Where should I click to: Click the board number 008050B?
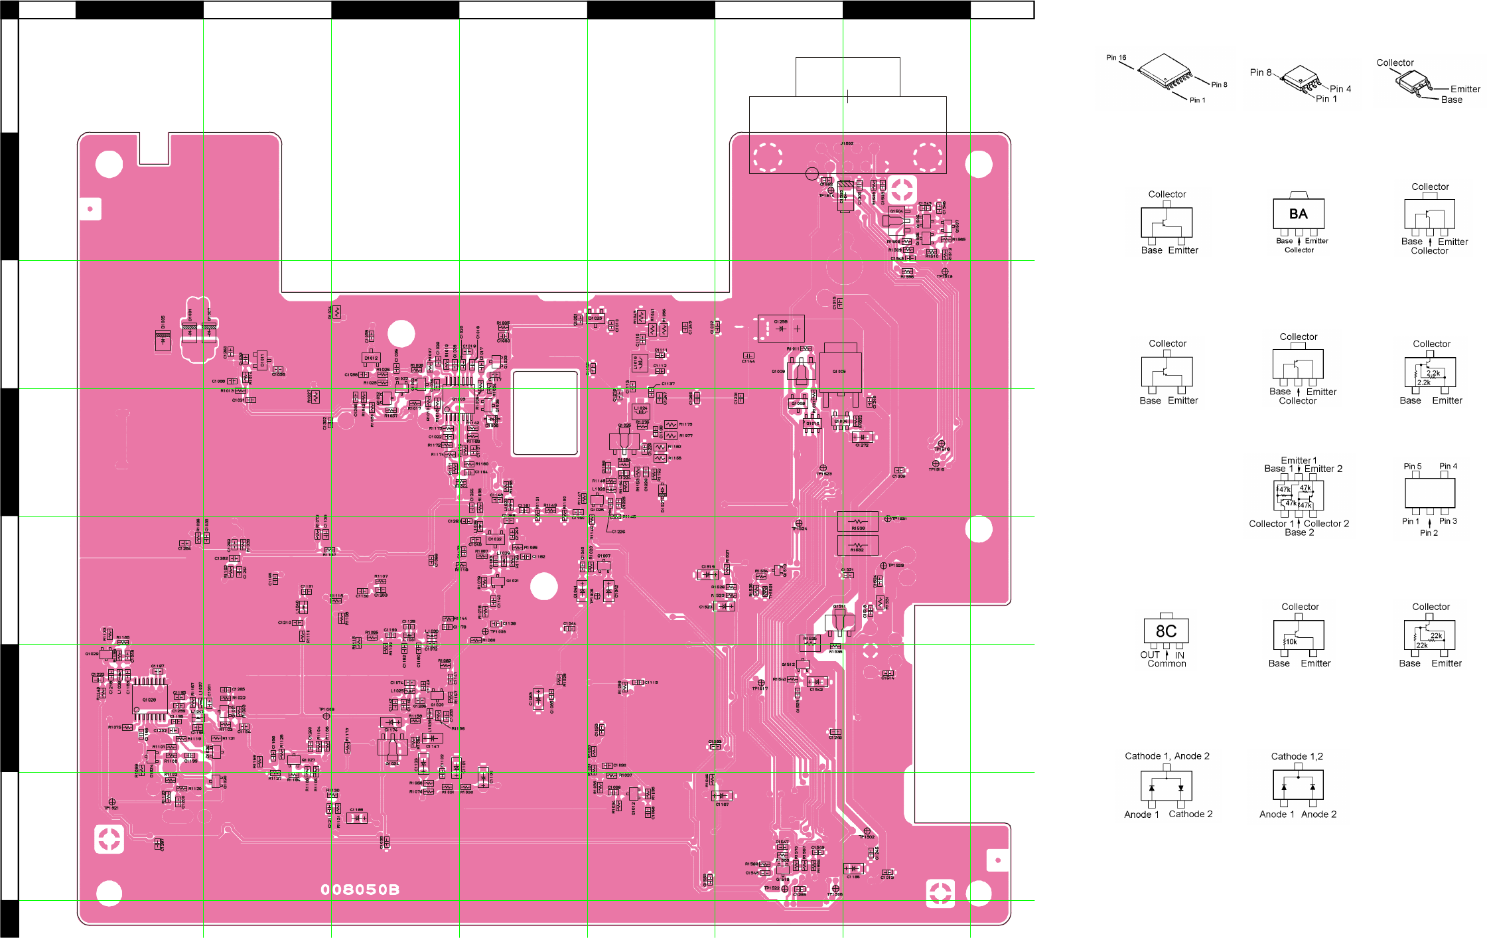click(x=360, y=890)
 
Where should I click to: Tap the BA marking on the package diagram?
click(x=1298, y=214)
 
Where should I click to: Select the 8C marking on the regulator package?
click(x=1166, y=631)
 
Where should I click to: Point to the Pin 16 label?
click(x=1116, y=58)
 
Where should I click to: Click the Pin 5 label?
click(x=1412, y=467)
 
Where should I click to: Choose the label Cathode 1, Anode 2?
click(x=1167, y=756)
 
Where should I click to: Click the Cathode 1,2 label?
click(x=1297, y=756)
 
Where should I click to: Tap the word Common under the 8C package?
click(x=1167, y=664)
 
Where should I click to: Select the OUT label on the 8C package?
click(x=1149, y=655)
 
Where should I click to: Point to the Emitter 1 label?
click(x=1299, y=460)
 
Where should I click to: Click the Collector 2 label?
click(x=1326, y=524)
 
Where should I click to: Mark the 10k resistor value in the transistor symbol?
click(x=1291, y=642)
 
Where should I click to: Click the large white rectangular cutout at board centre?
click(x=545, y=413)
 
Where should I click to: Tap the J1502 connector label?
click(x=847, y=143)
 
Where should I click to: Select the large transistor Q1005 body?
click(x=840, y=372)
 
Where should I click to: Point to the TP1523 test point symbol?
click(x=823, y=468)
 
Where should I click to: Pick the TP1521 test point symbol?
click(x=111, y=802)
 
